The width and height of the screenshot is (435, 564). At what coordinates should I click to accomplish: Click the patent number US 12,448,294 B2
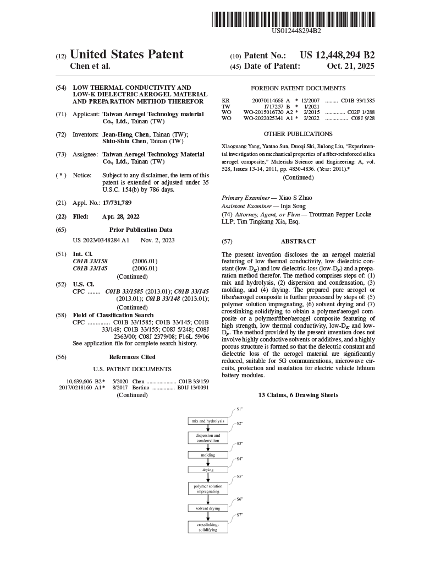tap(337, 55)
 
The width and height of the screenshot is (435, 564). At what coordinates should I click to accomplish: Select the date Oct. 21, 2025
tap(350, 66)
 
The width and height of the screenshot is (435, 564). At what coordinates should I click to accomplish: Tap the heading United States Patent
tap(127, 55)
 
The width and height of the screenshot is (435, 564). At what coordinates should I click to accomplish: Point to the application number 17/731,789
tap(117, 203)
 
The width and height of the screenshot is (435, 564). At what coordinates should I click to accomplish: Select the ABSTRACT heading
tap(298, 241)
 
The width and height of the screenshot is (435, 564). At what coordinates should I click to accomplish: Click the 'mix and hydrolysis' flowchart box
tap(208, 421)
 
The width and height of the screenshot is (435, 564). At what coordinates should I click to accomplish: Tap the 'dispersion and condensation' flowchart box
tap(208, 438)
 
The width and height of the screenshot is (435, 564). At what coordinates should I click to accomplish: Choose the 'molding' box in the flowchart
tap(208, 455)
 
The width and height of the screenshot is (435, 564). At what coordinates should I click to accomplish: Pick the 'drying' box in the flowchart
tap(208, 470)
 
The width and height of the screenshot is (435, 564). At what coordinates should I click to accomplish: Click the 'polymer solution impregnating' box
tap(208, 489)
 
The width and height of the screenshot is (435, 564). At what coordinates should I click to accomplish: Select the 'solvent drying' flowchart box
tap(208, 508)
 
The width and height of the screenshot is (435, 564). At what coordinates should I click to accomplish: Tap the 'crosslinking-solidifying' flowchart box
tap(208, 527)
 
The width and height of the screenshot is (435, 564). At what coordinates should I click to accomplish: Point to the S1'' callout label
tap(240, 409)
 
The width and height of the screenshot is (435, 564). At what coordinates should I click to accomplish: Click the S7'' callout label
tap(240, 514)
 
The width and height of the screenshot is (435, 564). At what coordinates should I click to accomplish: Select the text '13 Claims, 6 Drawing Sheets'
tap(298, 395)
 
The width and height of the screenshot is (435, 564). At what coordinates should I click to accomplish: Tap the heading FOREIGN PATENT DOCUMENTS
tap(298, 88)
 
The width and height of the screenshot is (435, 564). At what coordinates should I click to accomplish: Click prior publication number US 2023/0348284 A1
tap(101, 240)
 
